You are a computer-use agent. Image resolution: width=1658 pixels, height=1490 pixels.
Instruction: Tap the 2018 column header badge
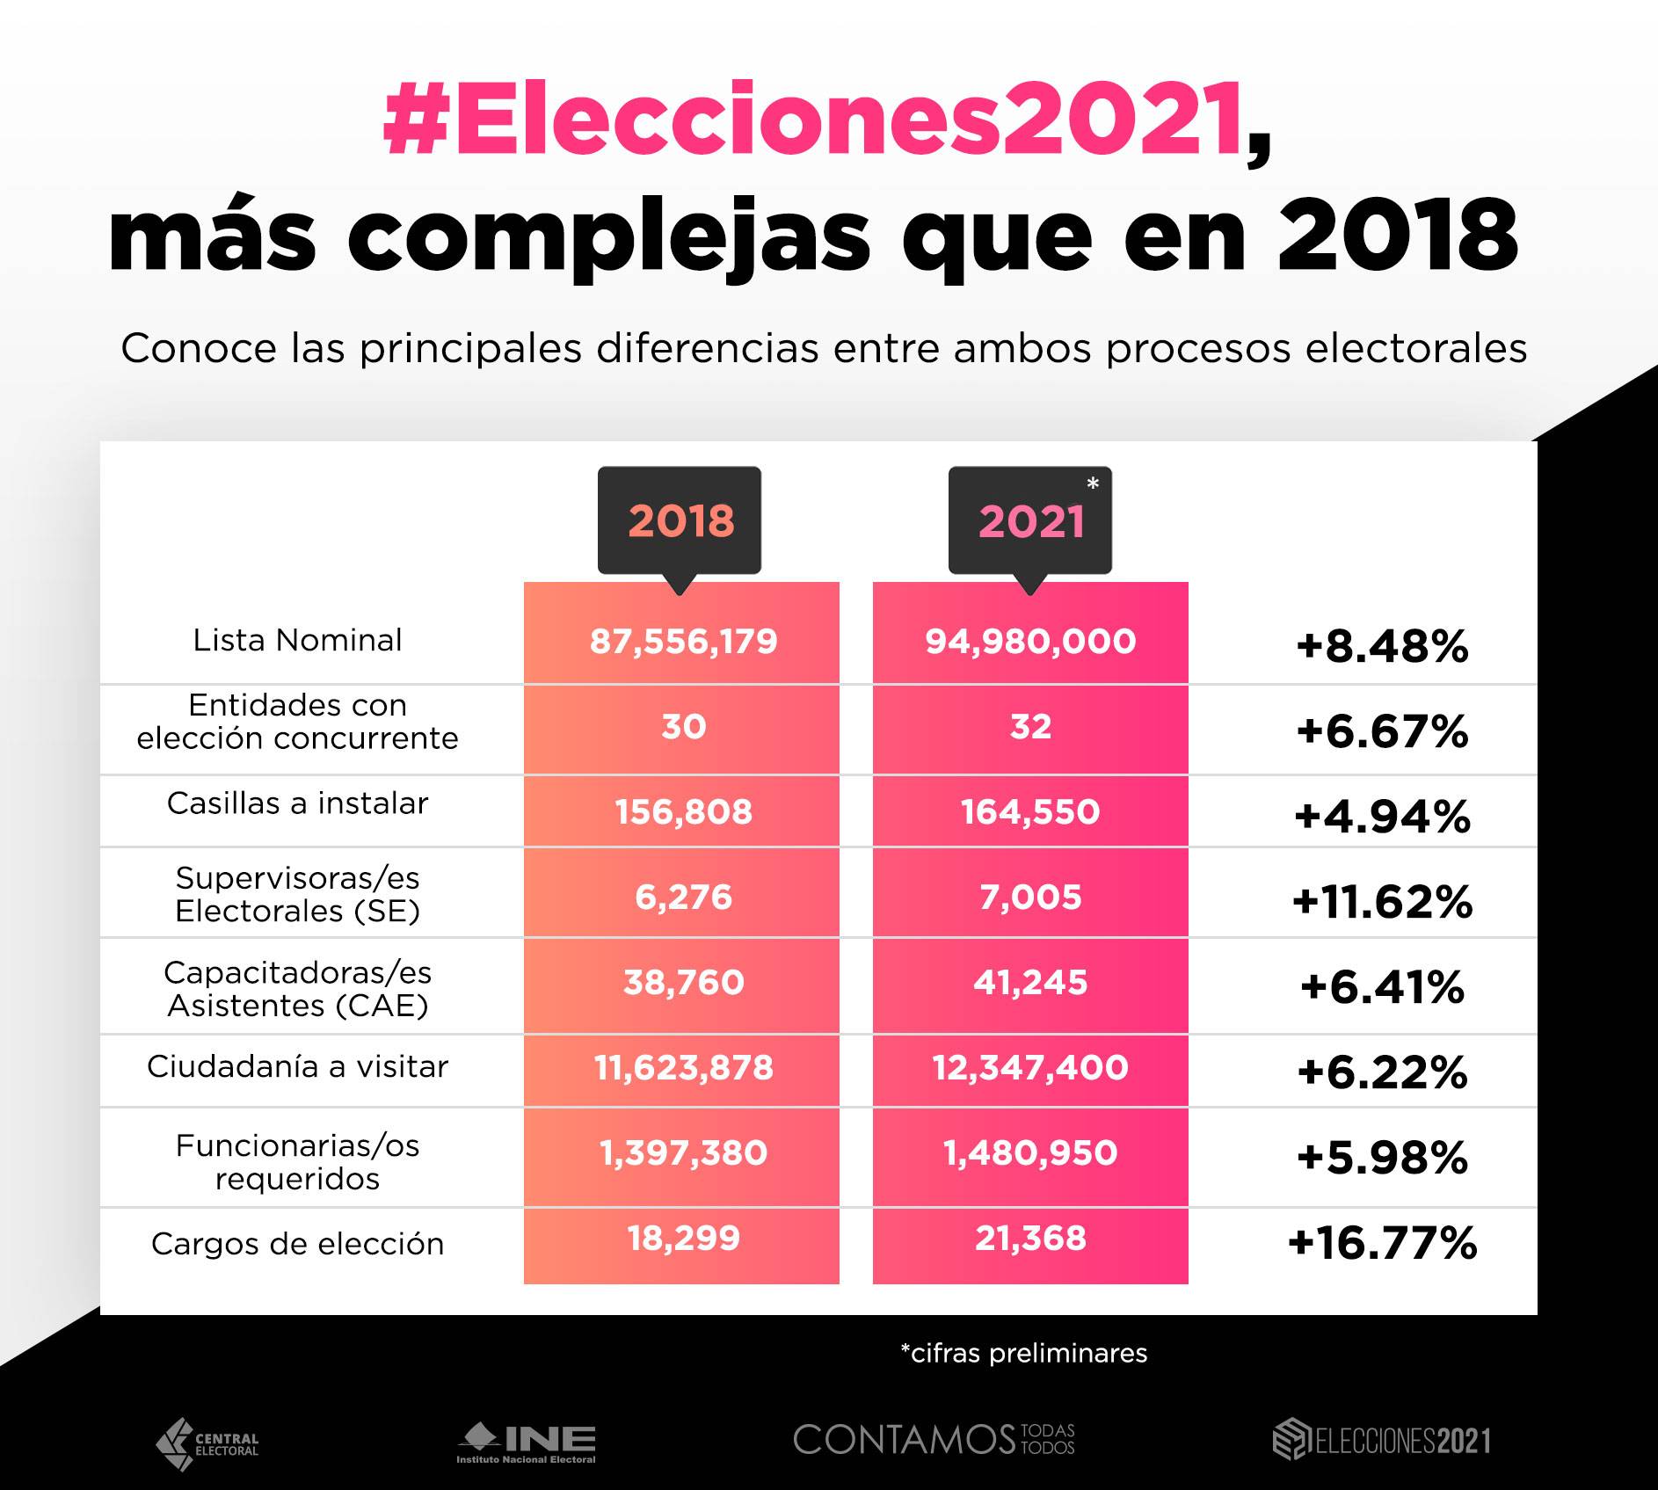[680, 521]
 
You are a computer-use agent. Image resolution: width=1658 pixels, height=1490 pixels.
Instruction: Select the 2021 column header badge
[1030, 521]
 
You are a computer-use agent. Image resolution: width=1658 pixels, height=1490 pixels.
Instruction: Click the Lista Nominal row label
[297, 640]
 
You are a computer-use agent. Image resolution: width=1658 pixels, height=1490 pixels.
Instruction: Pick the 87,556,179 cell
[683, 642]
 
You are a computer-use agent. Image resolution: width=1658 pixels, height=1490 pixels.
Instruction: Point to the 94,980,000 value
[1030, 642]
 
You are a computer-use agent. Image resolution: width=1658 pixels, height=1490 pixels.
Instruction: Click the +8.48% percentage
[1382, 647]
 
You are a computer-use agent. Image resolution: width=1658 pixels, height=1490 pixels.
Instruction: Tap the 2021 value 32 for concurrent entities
[1030, 727]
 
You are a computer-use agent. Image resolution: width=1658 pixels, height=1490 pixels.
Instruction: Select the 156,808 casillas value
[683, 812]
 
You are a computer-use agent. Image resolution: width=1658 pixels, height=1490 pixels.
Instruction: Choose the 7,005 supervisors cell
[1030, 898]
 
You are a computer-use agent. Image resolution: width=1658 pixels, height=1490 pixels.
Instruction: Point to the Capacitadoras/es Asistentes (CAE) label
[297, 989]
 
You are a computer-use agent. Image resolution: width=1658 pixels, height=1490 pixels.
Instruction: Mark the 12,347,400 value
[1030, 1068]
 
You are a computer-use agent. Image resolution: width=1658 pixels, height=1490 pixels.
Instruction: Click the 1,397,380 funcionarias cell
[683, 1153]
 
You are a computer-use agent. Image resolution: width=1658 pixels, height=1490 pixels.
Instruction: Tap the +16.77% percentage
[1382, 1243]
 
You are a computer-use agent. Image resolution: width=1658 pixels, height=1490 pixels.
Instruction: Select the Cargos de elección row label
[297, 1244]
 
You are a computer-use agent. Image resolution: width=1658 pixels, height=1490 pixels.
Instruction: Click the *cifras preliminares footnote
[1024, 1353]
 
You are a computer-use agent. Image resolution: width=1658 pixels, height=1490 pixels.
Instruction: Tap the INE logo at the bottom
[526, 1443]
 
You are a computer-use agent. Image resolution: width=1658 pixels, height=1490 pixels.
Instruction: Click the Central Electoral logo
[207, 1444]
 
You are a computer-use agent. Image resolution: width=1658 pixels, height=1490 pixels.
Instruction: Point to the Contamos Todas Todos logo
[934, 1440]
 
